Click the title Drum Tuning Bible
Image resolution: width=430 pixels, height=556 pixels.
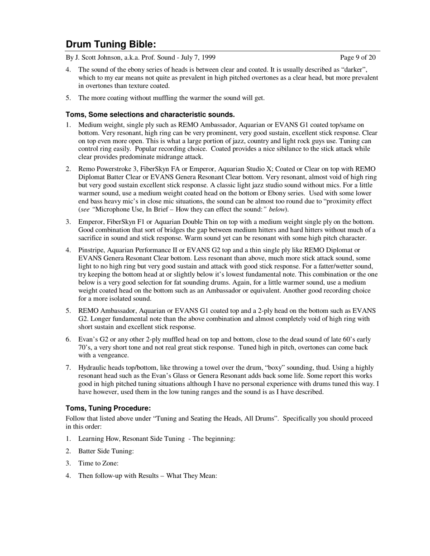(x=111, y=44)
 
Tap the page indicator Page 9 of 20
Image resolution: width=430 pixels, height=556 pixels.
(x=358, y=57)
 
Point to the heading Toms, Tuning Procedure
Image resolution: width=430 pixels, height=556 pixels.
(x=108, y=408)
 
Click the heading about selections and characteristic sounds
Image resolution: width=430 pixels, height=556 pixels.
(x=150, y=114)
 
